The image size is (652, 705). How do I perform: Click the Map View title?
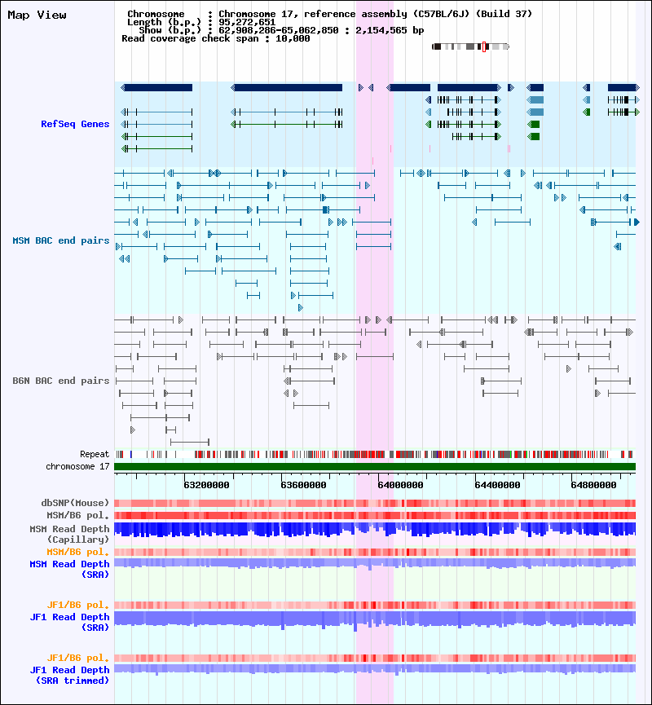[x=37, y=15]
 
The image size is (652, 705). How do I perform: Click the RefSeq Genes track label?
[x=75, y=124]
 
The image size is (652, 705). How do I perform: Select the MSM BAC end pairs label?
[x=61, y=240]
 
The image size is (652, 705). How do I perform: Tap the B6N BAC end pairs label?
[x=61, y=381]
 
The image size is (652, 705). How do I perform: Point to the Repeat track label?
[x=95, y=454]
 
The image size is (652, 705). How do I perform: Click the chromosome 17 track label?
[x=77, y=466]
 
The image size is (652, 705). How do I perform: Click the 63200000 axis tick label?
[x=206, y=485]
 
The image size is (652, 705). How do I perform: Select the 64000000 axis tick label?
[x=400, y=485]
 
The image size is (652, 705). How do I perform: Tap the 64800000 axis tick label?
[x=593, y=485]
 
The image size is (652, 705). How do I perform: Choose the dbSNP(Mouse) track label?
[x=75, y=503]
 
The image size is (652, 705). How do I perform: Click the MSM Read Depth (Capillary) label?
[x=70, y=534]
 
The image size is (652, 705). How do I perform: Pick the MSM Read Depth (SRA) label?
[x=70, y=569]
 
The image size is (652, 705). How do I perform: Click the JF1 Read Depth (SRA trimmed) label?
[x=70, y=676]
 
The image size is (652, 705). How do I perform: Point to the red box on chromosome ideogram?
[x=484, y=46]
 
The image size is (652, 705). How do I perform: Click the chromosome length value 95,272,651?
[x=247, y=22]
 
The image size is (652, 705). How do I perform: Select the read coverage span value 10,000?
[x=293, y=38]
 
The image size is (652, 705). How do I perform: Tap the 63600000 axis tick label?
[x=303, y=485]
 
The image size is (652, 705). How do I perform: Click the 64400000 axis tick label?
[x=497, y=485]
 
